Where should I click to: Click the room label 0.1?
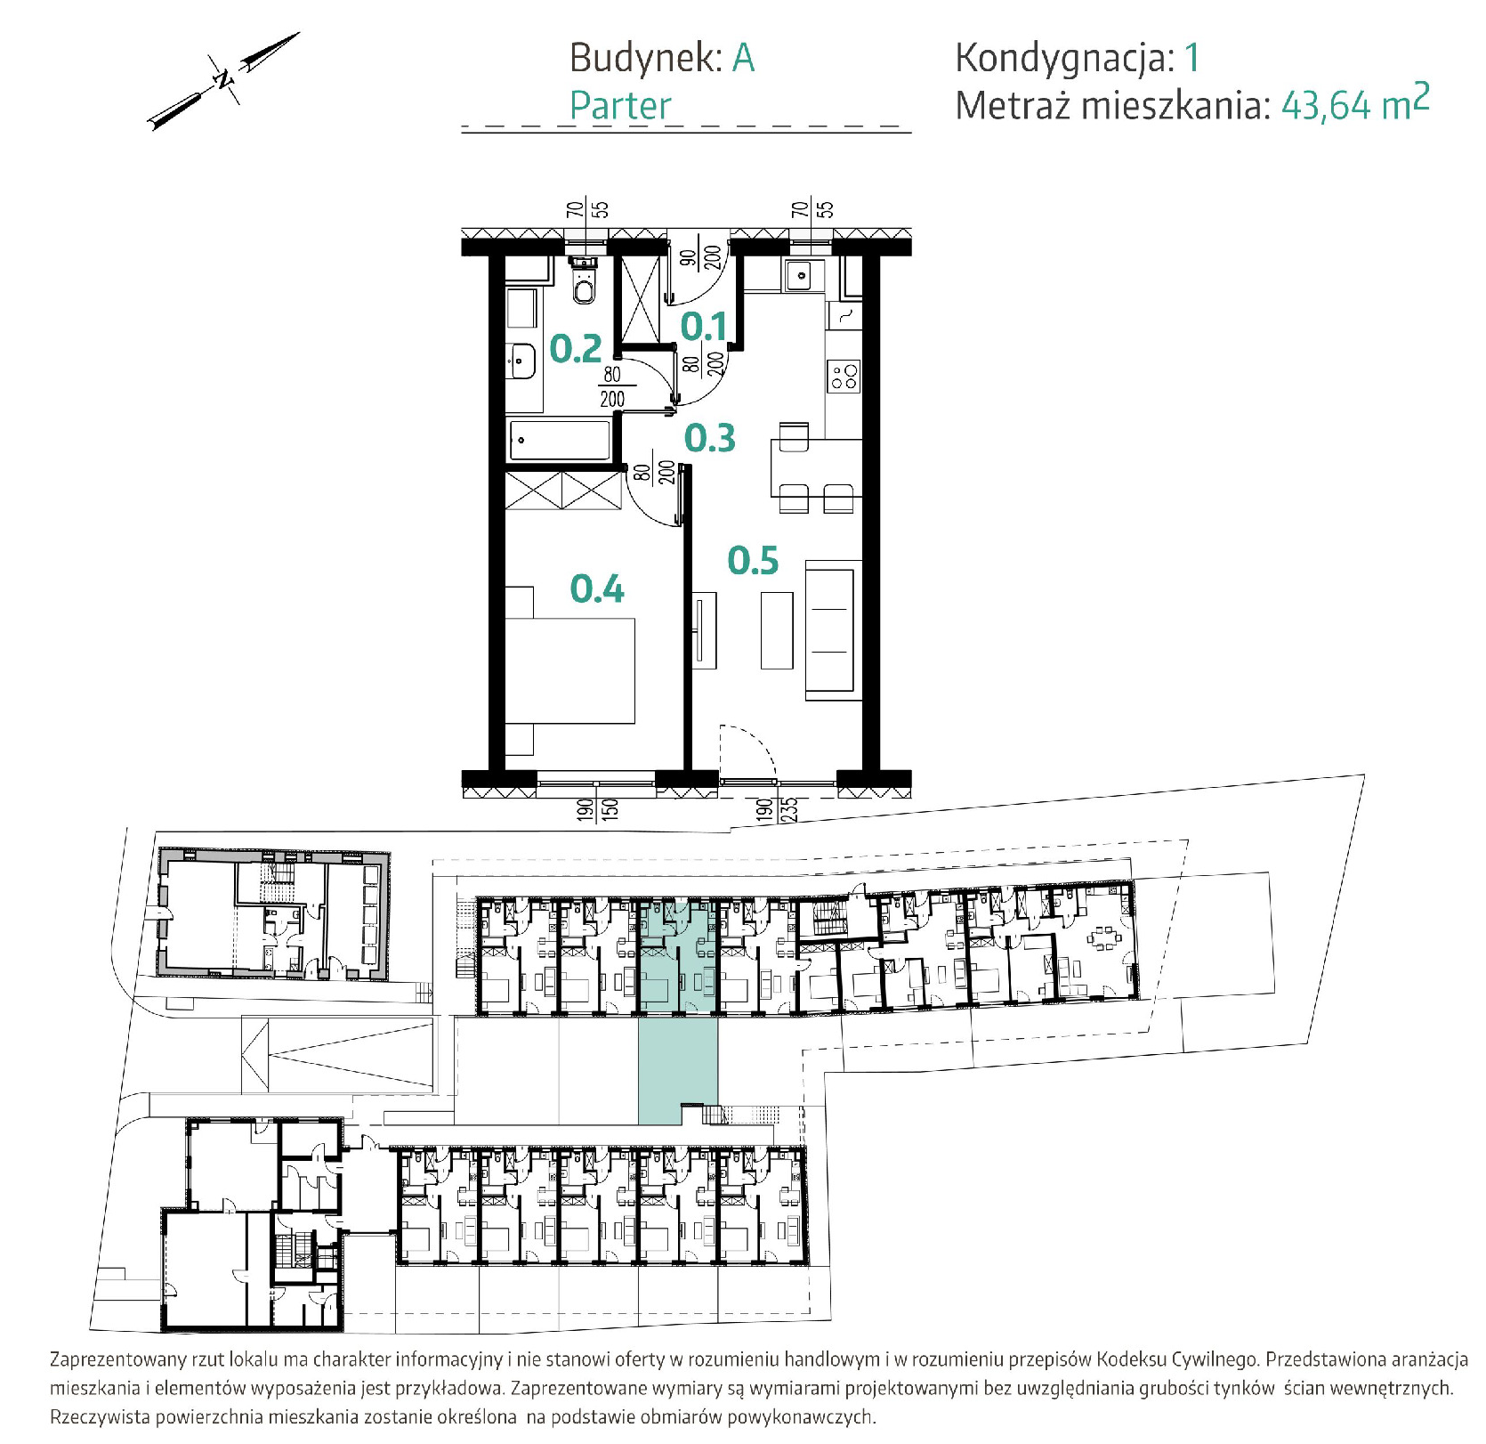tap(703, 328)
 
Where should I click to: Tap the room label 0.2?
tap(576, 348)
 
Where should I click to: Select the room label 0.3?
tap(710, 438)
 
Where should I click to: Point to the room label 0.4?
tap(597, 588)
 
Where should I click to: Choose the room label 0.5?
tap(753, 560)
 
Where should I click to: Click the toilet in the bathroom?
tap(584, 281)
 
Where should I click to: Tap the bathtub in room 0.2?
tap(560, 441)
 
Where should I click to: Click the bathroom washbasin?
tap(521, 361)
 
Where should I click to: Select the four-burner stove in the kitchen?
tap(844, 377)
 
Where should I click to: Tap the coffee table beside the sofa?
tap(777, 630)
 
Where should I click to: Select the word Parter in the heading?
tap(620, 105)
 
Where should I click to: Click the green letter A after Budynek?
tap(744, 58)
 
